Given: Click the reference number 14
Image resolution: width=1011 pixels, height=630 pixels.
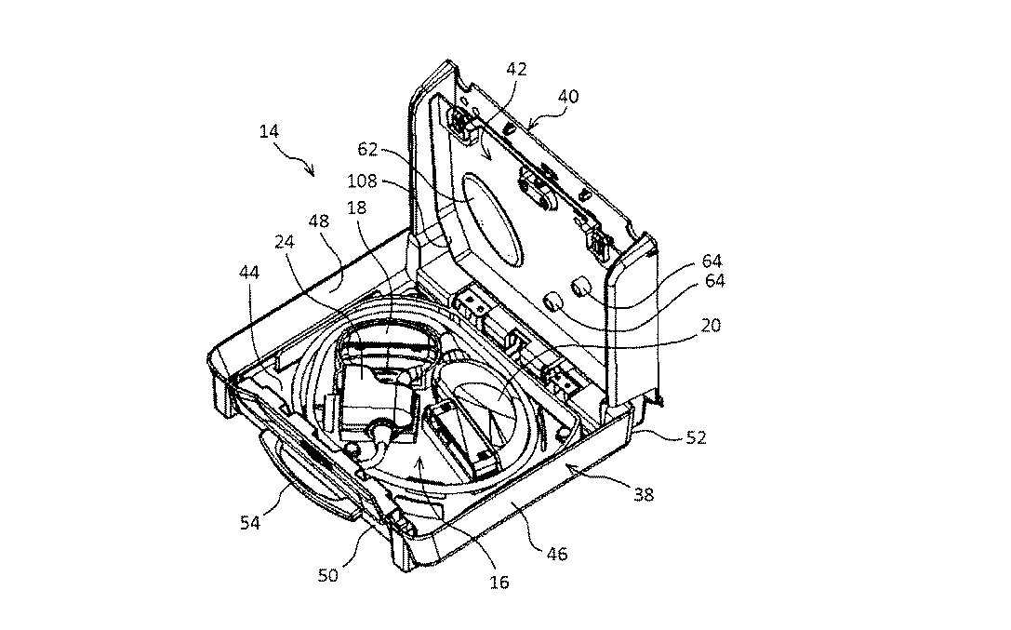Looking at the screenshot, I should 269,132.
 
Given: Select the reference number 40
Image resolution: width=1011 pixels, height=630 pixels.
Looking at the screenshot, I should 567,96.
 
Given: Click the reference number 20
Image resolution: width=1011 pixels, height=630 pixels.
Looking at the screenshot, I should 712,325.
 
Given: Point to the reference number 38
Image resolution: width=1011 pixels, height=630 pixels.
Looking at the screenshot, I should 644,495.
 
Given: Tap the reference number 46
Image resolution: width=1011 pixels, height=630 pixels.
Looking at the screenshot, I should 558,555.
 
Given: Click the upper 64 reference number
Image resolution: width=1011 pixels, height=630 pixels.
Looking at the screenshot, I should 712,261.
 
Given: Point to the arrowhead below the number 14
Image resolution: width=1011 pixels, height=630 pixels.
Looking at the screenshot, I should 313,172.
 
